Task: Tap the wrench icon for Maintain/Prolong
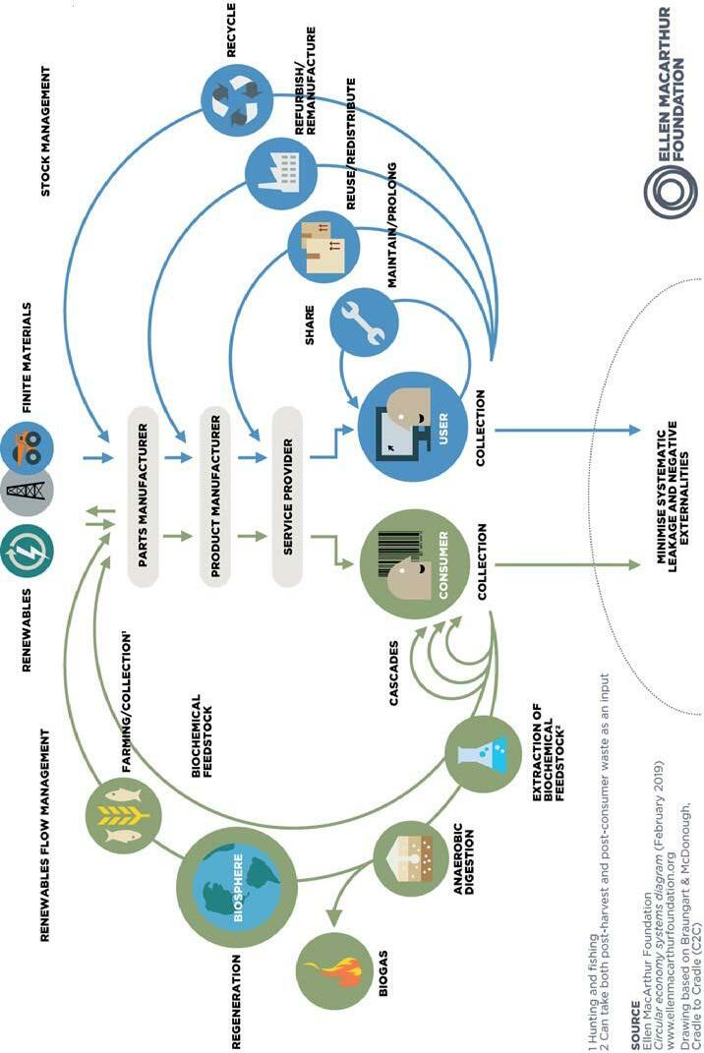pyautogui.click(x=363, y=324)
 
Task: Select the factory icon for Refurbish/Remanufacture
pyautogui.click(x=280, y=173)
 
